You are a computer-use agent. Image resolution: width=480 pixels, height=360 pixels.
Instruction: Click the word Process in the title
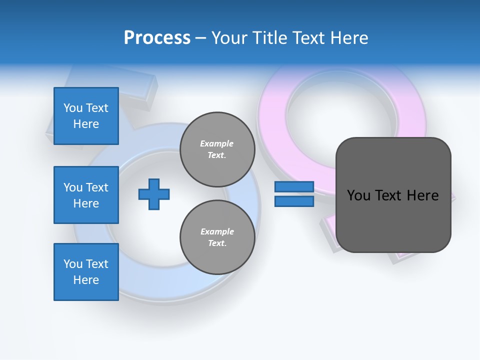157,38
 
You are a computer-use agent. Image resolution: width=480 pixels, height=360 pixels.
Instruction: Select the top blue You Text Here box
86,116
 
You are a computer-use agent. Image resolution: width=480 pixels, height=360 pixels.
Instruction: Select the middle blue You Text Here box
86,195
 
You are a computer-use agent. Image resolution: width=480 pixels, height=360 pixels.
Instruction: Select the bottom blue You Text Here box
86,271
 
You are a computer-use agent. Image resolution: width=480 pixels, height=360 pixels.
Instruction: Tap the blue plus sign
154,194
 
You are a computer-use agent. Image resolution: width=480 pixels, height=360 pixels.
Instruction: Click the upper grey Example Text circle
217,149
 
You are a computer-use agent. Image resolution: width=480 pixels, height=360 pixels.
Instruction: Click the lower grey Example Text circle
217,237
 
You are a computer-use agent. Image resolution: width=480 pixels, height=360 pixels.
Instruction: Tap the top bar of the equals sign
294,187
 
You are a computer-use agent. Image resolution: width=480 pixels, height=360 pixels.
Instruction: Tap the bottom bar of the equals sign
294,201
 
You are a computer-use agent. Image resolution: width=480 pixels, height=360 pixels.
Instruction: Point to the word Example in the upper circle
217,143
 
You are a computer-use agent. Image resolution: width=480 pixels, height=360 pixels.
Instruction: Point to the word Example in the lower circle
217,231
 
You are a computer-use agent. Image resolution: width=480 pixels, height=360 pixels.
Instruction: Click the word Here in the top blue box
86,124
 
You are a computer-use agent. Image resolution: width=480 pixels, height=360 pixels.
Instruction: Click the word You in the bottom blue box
72,264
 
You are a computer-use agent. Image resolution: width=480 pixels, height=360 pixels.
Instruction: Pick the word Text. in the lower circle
217,243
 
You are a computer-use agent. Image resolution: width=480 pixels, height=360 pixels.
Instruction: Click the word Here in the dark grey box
423,195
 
